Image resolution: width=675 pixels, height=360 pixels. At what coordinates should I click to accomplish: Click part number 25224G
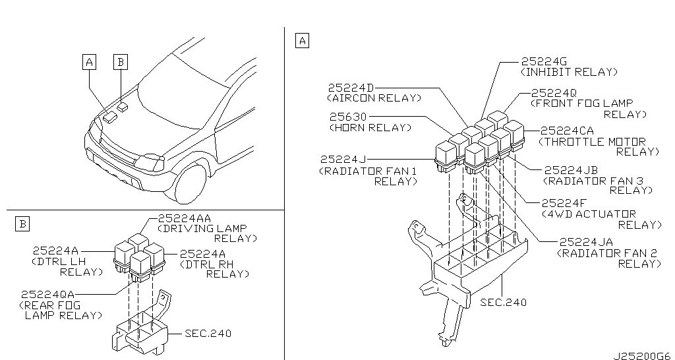pyautogui.click(x=544, y=60)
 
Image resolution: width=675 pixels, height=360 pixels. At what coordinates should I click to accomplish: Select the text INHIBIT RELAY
pyautogui.click(x=569, y=71)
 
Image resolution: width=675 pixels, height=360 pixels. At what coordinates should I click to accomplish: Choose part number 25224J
pyautogui.click(x=343, y=159)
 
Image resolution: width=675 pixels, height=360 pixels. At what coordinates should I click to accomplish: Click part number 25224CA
pyautogui.click(x=567, y=131)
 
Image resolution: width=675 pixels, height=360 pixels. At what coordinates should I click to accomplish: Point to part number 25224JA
pyautogui.click(x=585, y=242)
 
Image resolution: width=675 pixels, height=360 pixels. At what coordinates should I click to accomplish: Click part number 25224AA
pyautogui.click(x=185, y=218)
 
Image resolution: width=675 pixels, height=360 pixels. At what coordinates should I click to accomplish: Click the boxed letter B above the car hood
pyautogui.click(x=120, y=62)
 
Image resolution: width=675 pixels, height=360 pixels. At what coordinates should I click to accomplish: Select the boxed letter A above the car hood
pyautogui.click(x=89, y=62)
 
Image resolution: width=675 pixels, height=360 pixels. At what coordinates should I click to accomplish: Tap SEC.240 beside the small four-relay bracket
pyautogui.click(x=208, y=334)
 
